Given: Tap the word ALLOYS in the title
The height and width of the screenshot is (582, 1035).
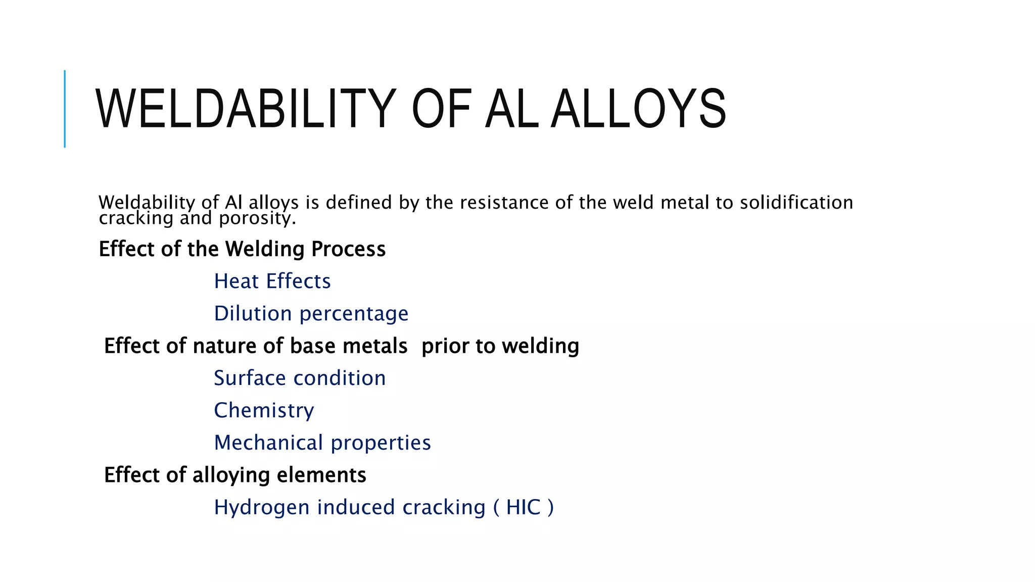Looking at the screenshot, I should tap(638, 109).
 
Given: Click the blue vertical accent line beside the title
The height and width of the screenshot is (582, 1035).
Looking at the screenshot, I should tap(65, 109).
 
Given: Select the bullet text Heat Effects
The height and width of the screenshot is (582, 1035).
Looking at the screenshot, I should tap(272, 281).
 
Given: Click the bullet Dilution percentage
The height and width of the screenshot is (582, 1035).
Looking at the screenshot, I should tap(311, 314).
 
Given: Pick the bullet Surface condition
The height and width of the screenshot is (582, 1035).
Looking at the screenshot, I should tap(300, 378).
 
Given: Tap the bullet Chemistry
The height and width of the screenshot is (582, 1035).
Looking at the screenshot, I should tap(264, 410).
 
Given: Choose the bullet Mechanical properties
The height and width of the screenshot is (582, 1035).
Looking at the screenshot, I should tap(322, 443).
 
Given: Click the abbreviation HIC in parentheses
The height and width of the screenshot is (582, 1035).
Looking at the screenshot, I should tap(523, 507).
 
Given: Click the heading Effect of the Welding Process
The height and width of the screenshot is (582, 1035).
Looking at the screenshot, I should tap(242, 249).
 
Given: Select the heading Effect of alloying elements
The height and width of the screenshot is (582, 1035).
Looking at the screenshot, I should tap(235, 475).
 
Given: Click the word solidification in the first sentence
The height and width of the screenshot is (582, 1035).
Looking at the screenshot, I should tap(796, 203).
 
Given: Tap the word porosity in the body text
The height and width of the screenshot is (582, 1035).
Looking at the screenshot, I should tap(257, 218).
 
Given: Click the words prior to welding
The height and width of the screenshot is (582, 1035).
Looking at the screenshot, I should tap(500, 346).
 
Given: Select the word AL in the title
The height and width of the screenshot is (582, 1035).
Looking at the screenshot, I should tap(510, 109).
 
